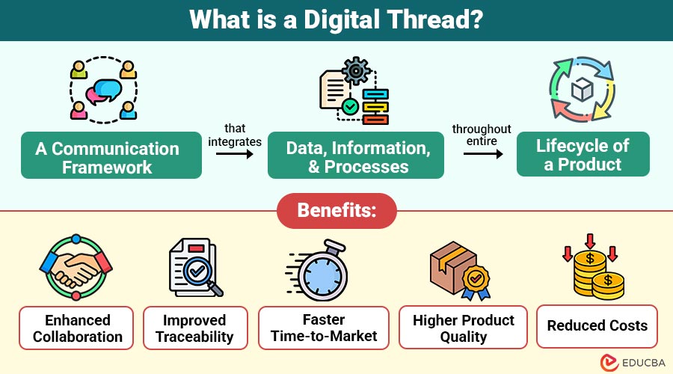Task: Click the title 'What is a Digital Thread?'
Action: pos(336,20)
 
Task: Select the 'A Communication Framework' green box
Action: pos(111,156)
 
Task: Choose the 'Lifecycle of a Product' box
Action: pos(583,155)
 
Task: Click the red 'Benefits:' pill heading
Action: pos(336,211)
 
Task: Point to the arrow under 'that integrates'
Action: pos(234,154)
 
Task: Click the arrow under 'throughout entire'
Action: pos(481,153)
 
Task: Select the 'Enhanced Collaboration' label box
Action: pos(76,328)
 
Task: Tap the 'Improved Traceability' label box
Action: pos(194,328)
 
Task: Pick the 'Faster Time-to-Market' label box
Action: pos(324,328)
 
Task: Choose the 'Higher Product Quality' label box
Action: pos(464,328)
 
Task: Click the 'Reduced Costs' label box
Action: pos(597,326)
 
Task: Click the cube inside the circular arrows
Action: pos(583,91)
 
